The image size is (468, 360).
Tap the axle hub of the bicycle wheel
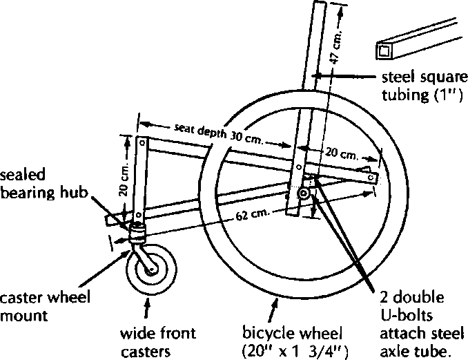303,195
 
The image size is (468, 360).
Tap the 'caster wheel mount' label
46,307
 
